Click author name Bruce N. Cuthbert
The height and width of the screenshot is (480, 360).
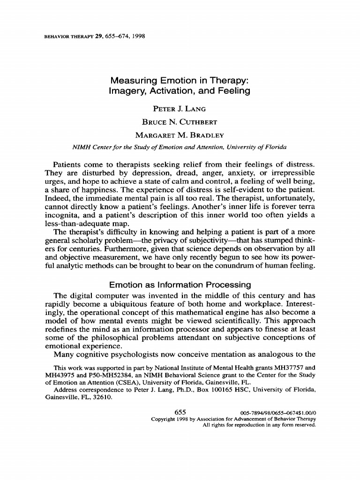point(180,122)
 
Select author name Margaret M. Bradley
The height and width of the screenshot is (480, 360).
point(180,135)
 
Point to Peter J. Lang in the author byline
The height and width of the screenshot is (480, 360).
point(180,109)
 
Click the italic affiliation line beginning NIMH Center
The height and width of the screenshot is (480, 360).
point(180,147)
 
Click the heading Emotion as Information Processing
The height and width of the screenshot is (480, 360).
point(180,285)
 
